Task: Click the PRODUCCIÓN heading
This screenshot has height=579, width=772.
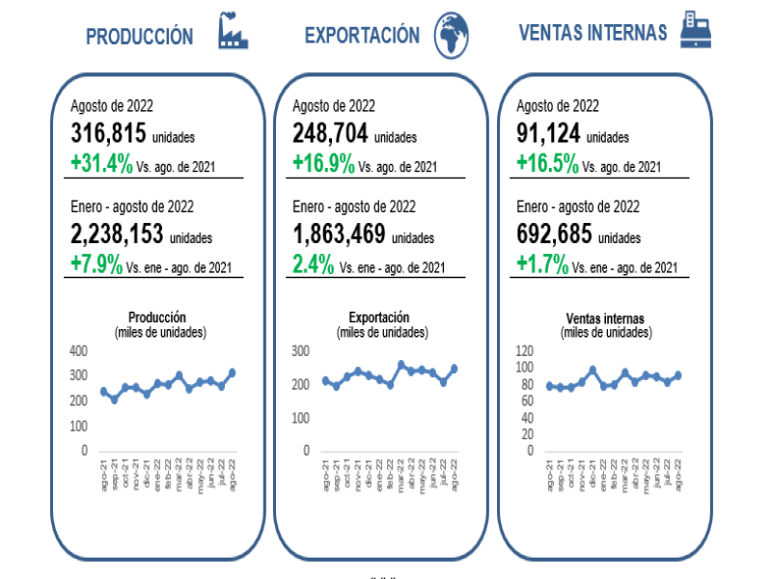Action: coord(140,37)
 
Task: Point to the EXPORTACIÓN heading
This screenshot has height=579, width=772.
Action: coord(362,36)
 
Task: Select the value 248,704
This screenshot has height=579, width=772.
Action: coord(330,134)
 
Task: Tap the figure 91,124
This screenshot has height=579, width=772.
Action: coord(548,134)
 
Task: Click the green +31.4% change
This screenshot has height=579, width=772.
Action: coord(102,163)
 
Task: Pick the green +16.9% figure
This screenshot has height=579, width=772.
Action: coord(323,163)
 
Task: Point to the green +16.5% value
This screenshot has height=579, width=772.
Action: coord(548,163)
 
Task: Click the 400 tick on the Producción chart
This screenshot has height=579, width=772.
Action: coord(78,349)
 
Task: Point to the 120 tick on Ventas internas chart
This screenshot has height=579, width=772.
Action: coord(524,350)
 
